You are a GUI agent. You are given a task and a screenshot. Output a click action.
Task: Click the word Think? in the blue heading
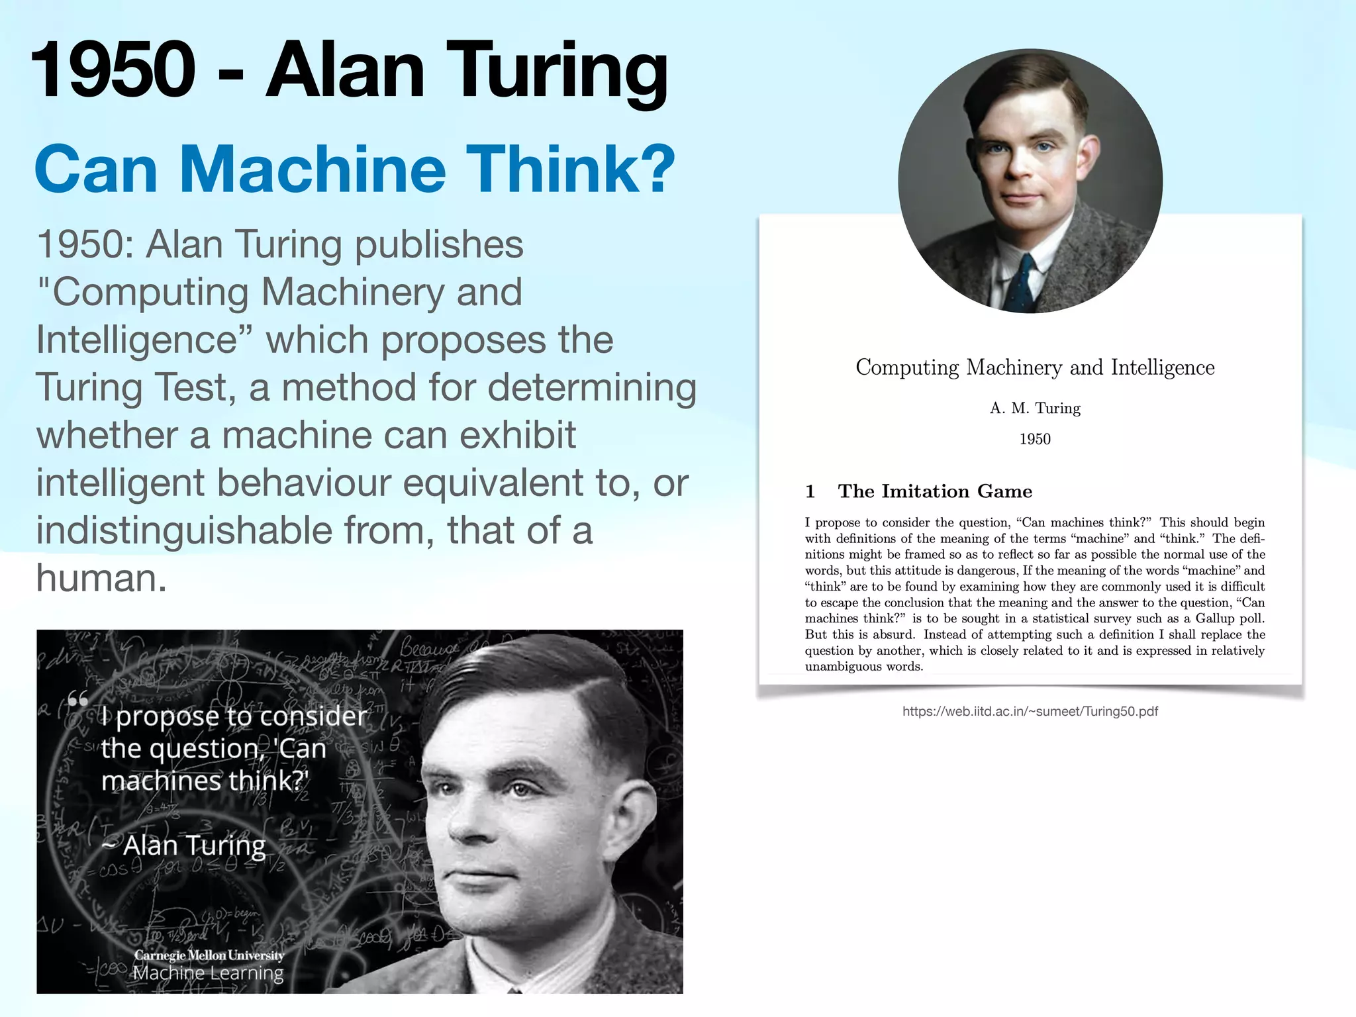(x=570, y=169)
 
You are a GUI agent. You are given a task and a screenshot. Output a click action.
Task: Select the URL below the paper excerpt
(x=1030, y=712)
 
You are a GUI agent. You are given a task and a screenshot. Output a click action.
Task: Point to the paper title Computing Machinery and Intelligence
(x=1034, y=367)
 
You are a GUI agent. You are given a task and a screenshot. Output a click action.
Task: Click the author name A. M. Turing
(x=1034, y=409)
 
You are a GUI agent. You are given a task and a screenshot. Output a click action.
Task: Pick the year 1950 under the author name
(x=1034, y=439)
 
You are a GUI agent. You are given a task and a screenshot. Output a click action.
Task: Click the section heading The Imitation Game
(x=934, y=491)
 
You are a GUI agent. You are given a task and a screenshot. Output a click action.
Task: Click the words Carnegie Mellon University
(x=209, y=955)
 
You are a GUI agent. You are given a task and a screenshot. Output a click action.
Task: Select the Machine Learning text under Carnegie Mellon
(x=208, y=973)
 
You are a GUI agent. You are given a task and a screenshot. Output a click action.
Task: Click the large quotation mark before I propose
(x=78, y=700)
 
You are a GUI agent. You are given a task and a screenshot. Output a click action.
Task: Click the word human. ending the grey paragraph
(x=101, y=578)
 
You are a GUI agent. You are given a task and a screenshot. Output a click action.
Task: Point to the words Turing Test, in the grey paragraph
(x=136, y=387)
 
